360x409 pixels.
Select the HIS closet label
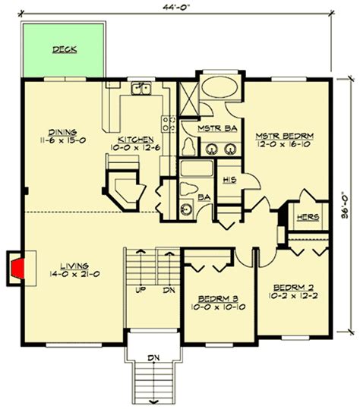229,181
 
